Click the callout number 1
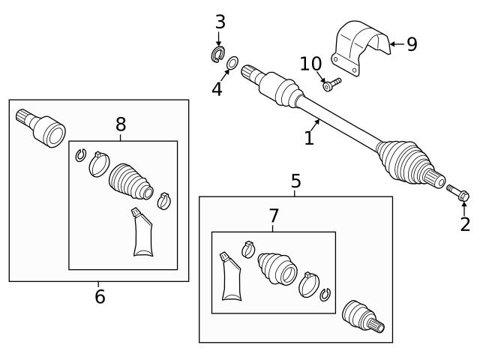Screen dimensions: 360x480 [308, 138]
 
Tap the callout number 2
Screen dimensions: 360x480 [465, 223]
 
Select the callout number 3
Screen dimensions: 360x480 [220, 22]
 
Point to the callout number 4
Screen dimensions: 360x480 [217, 89]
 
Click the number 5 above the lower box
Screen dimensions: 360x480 [295, 181]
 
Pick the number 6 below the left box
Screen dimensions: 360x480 [100, 297]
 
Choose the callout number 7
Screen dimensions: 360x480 [274, 217]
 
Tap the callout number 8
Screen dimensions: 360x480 [121, 124]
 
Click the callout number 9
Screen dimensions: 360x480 [411, 44]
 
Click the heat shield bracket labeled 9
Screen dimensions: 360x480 [360, 46]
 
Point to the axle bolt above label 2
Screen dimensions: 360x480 [457, 193]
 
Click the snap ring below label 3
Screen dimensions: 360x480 [218, 55]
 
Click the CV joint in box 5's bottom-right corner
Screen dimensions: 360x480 [363, 316]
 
